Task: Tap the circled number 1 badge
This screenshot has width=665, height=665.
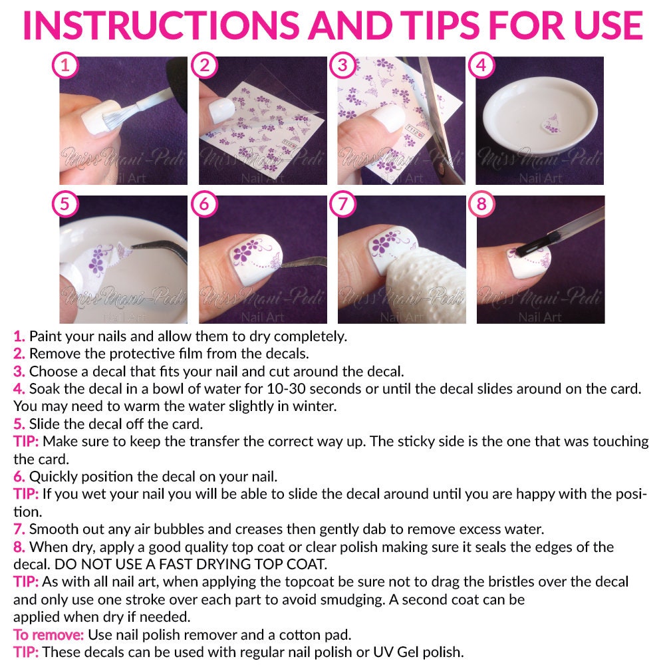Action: coord(65,65)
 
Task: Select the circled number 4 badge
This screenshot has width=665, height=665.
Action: coord(481,65)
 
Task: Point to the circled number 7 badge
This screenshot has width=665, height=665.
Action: coord(342,204)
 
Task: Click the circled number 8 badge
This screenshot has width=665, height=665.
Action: coord(481,204)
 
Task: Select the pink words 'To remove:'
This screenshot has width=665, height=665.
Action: coord(49,634)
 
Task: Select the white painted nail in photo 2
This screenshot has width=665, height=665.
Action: coord(221,110)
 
